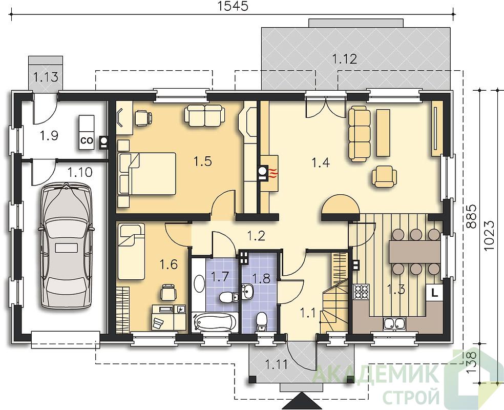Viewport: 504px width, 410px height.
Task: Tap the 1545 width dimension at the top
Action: pos(234,7)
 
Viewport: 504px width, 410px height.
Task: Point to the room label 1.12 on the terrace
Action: pos(345,59)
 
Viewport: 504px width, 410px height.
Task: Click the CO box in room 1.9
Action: pos(87,140)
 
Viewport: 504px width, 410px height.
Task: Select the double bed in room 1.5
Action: pos(147,174)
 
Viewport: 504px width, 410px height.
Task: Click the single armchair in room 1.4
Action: pos(385,176)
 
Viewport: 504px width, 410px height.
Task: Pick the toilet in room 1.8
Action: pos(261,322)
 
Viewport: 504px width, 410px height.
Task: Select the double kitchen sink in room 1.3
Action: pos(394,324)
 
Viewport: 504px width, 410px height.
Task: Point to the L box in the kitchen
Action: pos(434,293)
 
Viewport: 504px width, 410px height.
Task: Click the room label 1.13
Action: pos(46,77)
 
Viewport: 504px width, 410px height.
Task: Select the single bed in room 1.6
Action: pos(131,252)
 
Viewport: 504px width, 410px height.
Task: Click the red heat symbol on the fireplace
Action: pos(273,175)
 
